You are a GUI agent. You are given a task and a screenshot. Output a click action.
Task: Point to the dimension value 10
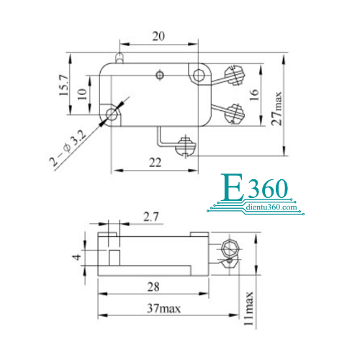pos(82,94)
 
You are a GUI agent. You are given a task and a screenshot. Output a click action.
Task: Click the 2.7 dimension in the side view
pos(150,217)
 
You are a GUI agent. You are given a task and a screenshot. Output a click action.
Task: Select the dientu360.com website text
pos(271,207)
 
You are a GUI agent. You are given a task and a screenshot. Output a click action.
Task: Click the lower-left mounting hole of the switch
pos(112,114)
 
